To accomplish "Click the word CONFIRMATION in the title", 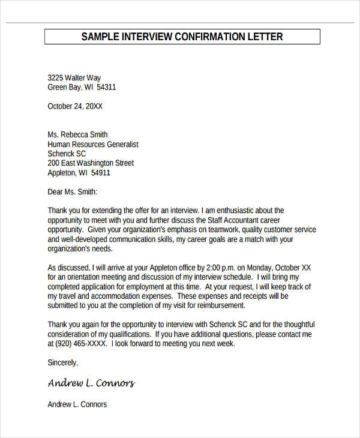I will (209, 37).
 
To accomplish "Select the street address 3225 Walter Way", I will (74, 78).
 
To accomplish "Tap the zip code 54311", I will (106, 88).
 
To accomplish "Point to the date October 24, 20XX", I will (75, 106).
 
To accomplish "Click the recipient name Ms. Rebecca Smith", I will (77, 135).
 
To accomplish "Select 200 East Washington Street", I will (91, 163).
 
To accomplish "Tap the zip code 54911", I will (100, 173).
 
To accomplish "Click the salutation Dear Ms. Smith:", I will (72, 192).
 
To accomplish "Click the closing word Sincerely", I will (62, 363).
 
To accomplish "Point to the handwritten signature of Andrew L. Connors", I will (91, 383).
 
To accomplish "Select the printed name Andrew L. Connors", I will (77, 404).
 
